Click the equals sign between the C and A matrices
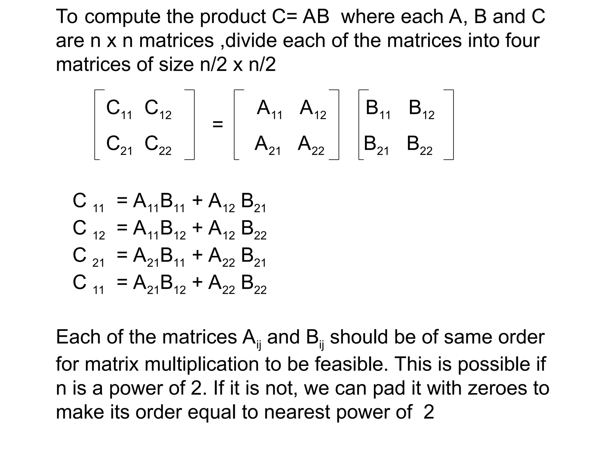click(218, 124)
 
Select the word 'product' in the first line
click(233, 17)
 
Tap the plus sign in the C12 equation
click(197, 227)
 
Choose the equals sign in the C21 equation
click(122, 255)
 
